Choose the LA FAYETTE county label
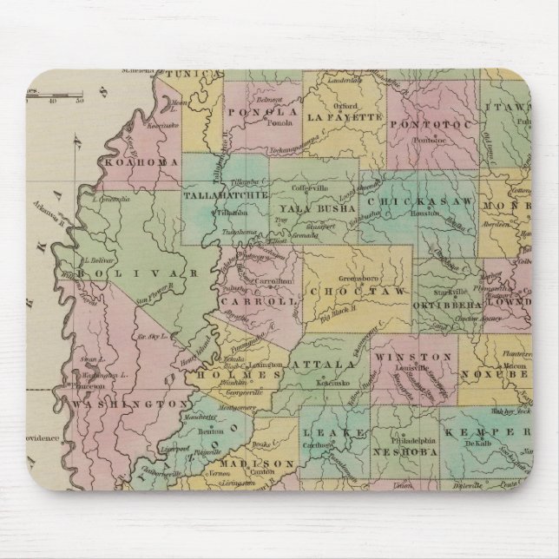point(345,115)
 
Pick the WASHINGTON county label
point(129,404)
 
